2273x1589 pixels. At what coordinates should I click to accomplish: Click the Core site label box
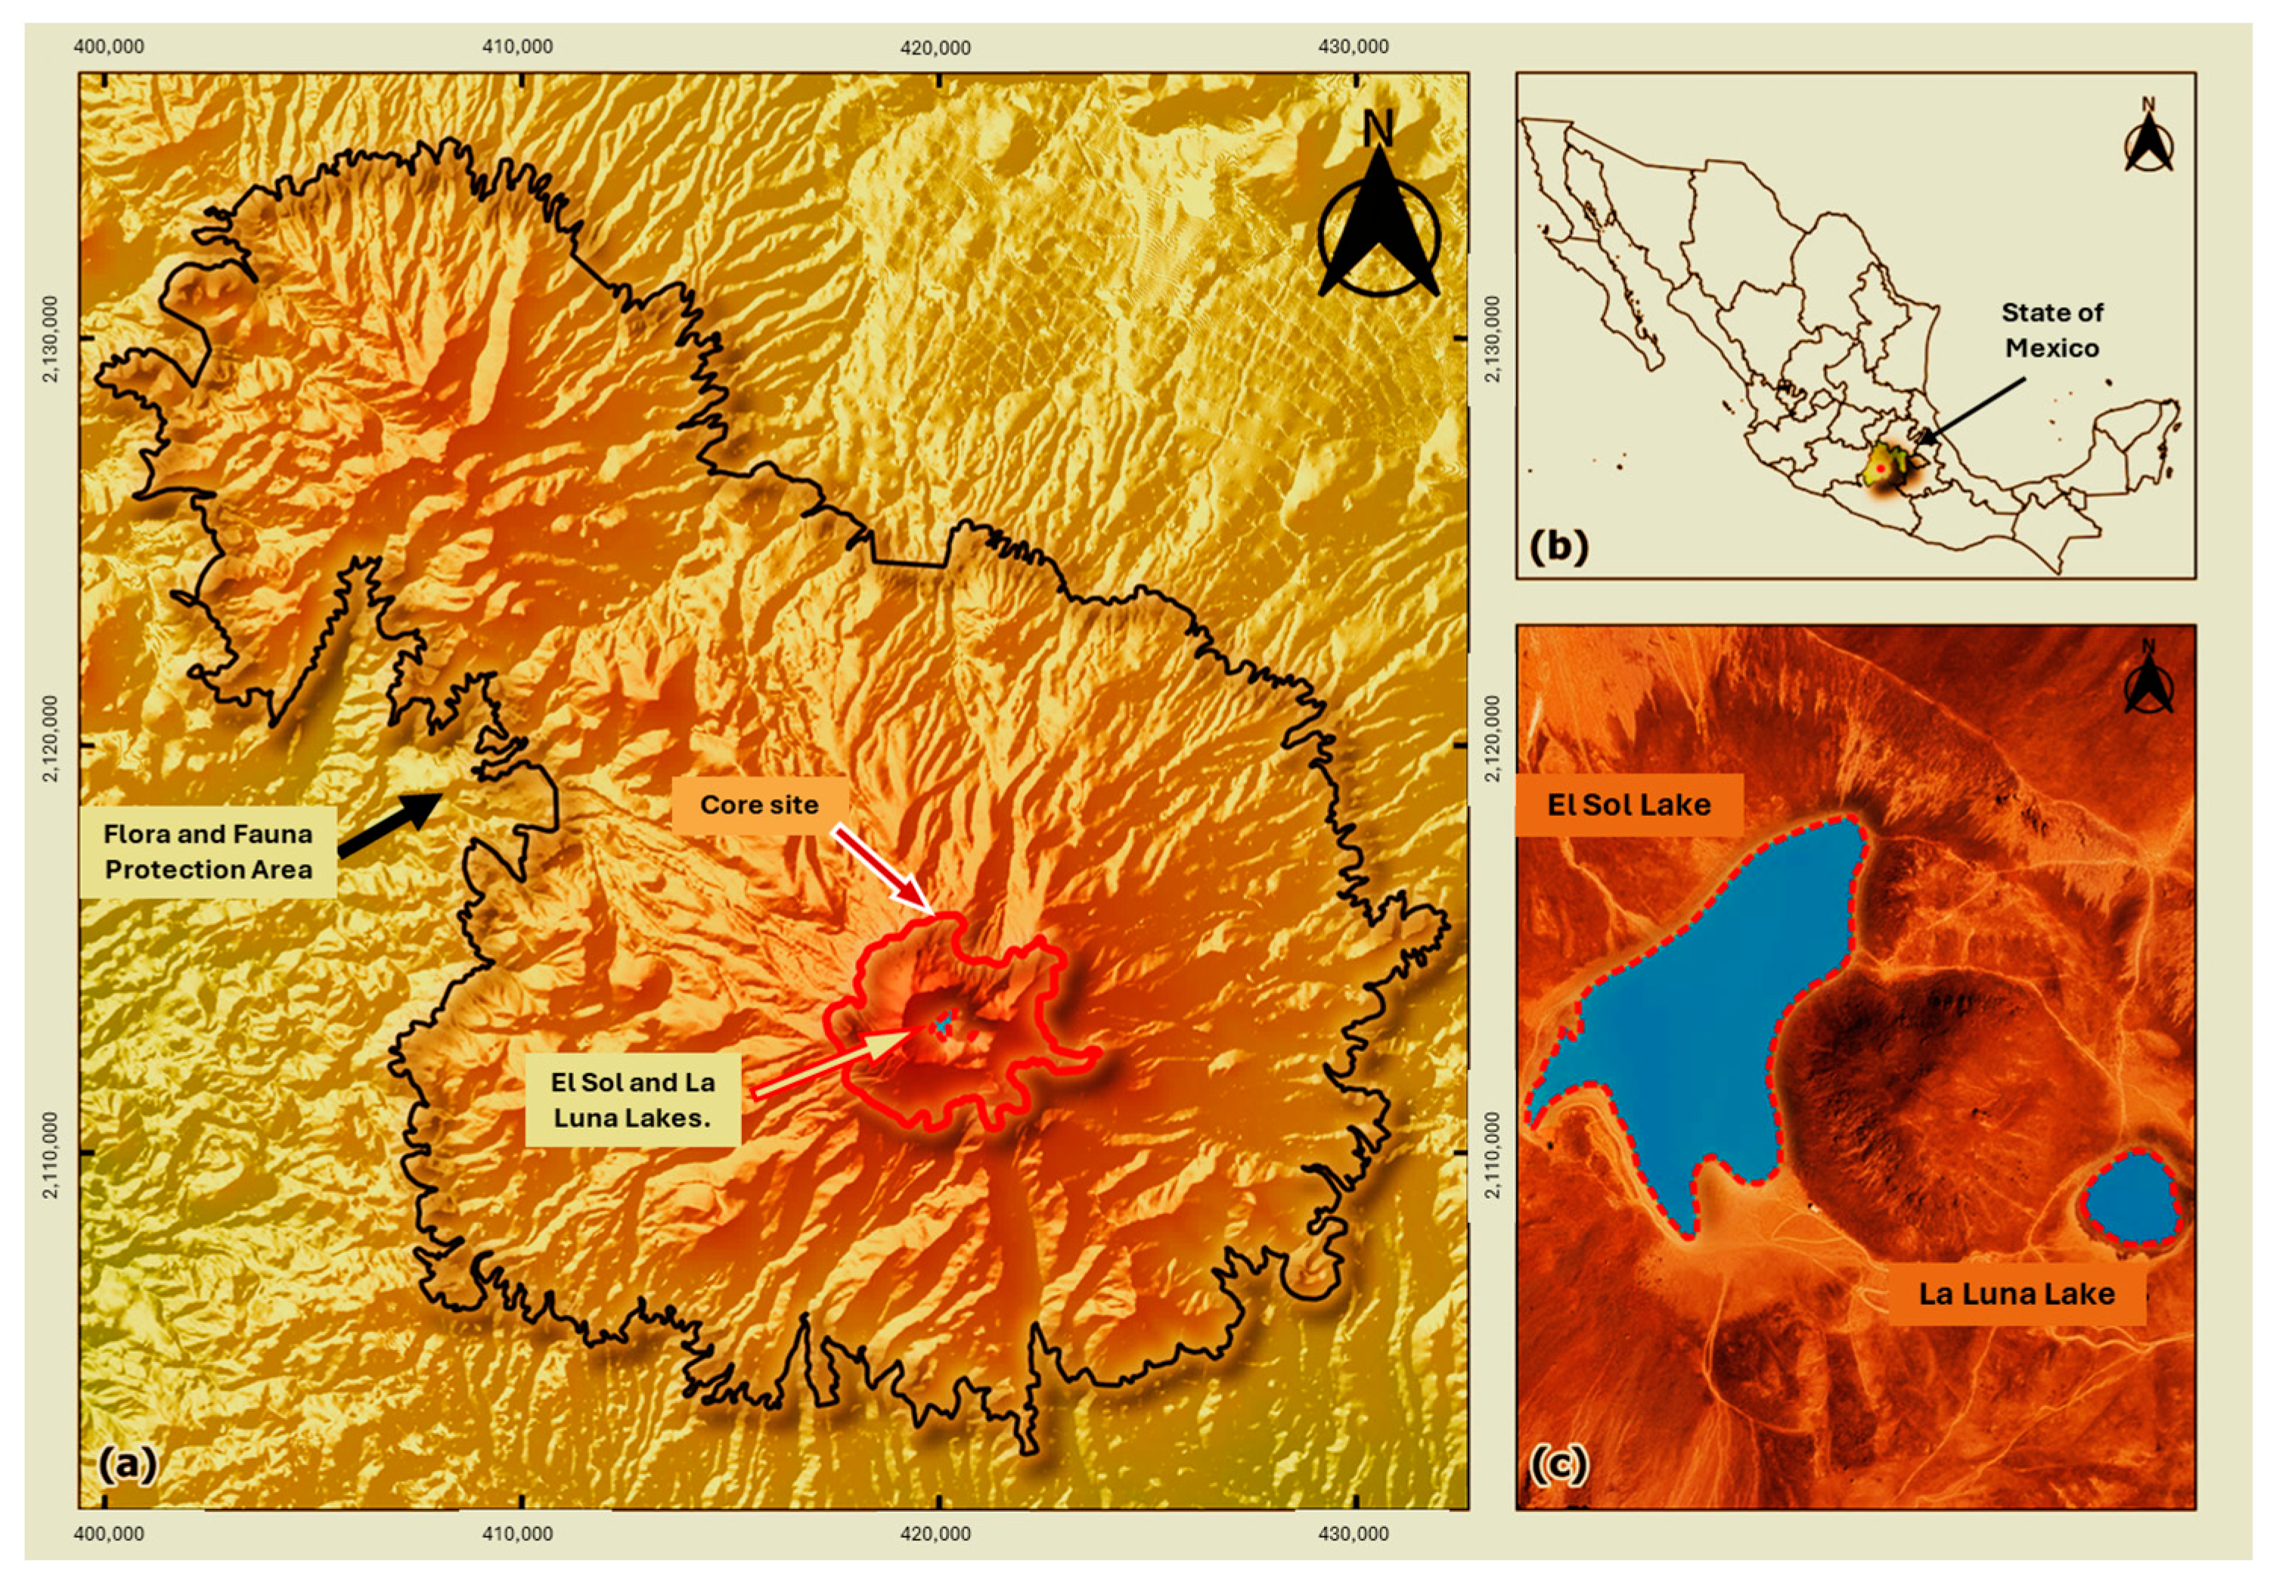(759, 804)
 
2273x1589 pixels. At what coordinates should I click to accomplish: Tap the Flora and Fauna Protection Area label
(208, 852)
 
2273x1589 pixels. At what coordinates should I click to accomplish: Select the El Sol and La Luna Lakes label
(633, 1099)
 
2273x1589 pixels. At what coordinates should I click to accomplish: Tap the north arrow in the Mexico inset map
(2148, 138)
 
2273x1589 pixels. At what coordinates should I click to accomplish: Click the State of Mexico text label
(2051, 330)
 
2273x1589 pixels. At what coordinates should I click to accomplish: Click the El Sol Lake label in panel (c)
(1629, 804)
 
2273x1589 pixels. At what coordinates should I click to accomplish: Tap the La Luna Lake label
(2016, 1293)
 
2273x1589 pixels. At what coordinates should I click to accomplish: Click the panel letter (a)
(128, 1463)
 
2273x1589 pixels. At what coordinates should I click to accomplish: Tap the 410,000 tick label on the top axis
(516, 47)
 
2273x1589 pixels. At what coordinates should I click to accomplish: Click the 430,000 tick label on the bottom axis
(1354, 1534)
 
